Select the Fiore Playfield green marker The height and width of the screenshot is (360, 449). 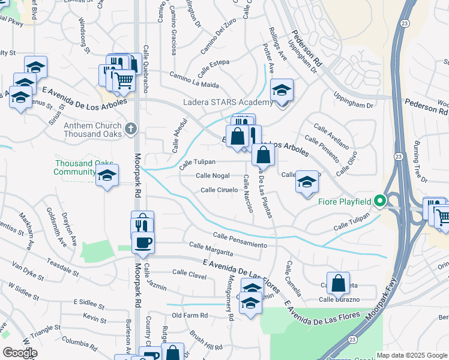tap(380, 201)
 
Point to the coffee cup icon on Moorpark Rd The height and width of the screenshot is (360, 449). tap(143, 243)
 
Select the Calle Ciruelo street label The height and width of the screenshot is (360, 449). tap(220, 190)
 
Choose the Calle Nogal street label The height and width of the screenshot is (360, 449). tap(213, 175)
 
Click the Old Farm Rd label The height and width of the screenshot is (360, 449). tap(189, 315)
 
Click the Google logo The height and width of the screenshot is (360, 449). tap(19, 353)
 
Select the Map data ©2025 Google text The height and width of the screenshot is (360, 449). tap(412, 356)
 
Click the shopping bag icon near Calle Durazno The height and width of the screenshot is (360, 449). tap(339, 283)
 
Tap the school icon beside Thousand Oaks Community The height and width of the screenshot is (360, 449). tap(107, 176)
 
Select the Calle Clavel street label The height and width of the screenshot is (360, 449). tap(189, 274)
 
